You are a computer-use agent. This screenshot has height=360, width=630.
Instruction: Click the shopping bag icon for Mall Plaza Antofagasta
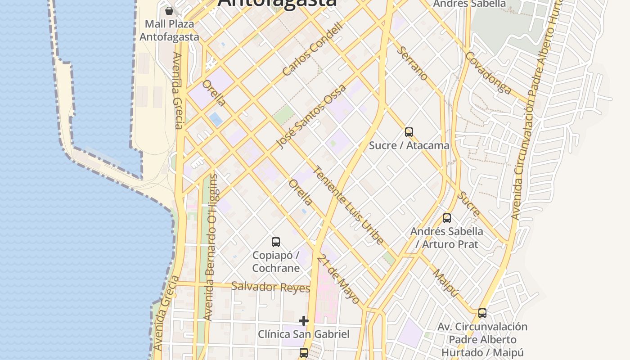coord(169,10)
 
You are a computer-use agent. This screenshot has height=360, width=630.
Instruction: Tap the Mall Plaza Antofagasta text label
coord(169,30)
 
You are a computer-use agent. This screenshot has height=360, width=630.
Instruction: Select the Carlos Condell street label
coord(313,49)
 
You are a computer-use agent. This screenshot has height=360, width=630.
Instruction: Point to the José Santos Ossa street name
coord(311,117)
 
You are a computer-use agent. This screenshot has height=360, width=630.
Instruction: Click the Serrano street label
coord(413,63)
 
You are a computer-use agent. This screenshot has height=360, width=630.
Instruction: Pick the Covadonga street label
coord(488,73)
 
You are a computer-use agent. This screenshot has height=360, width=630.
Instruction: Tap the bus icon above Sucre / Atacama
coord(409,132)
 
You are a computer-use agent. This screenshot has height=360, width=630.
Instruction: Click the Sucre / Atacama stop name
coord(409,145)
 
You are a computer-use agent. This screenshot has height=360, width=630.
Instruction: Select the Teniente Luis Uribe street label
coord(348,205)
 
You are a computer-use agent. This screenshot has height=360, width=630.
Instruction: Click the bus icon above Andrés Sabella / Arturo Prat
coord(446,218)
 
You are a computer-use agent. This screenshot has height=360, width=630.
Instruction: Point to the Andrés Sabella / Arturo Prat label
coord(446,238)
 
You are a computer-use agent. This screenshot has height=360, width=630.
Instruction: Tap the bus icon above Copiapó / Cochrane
coord(276,242)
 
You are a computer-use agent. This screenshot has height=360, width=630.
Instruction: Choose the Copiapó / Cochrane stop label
coord(276,261)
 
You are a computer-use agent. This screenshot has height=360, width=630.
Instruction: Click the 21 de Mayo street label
coord(338,279)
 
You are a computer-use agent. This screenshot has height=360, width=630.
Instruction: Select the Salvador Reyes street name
coord(270,287)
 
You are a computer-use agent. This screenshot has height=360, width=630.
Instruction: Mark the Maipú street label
coord(445,283)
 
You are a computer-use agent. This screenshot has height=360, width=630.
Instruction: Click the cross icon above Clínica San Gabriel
coord(304,321)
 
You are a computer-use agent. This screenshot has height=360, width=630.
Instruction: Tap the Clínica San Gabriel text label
coord(304,334)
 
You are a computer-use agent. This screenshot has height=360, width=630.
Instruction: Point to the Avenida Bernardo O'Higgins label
coord(210,247)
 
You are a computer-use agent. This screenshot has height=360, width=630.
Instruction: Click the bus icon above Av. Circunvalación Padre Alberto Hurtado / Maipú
coord(482,313)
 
